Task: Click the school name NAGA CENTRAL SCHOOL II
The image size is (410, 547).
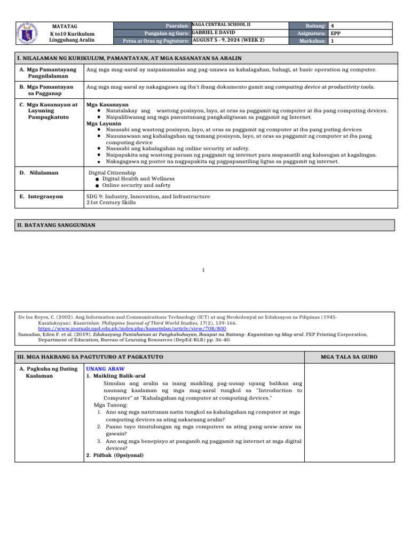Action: (221, 25)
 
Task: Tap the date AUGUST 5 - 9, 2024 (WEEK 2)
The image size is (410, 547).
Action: (228, 40)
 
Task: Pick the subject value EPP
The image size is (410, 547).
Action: (336, 33)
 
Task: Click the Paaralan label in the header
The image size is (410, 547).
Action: (178, 25)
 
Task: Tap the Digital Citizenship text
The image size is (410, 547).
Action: (112, 173)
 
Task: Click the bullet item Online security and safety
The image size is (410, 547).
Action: (136, 185)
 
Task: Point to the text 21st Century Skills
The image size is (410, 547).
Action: (111, 202)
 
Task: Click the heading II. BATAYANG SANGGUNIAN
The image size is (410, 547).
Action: (57, 225)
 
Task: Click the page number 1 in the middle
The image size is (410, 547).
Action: (203, 270)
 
